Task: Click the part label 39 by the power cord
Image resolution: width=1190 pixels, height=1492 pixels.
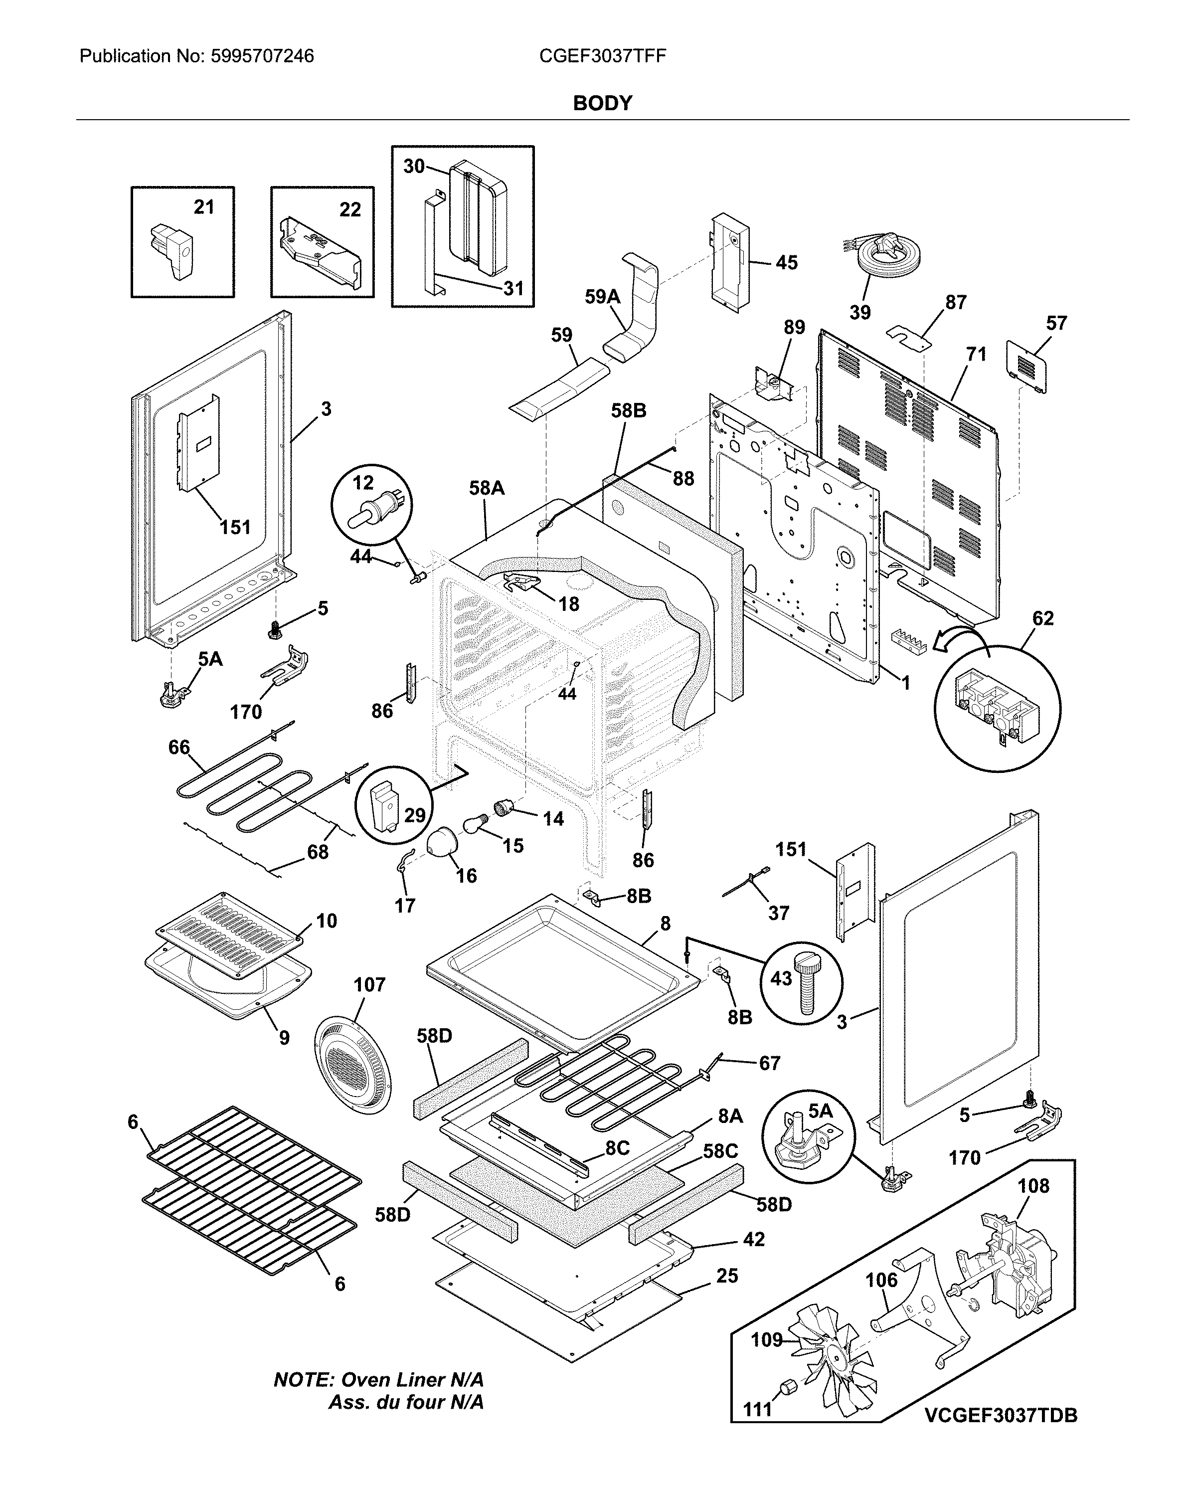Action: (x=859, y=313)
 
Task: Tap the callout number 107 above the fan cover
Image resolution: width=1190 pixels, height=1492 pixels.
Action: (x=369, y=985)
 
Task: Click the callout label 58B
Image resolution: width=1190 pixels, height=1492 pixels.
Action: (x=628, y=411)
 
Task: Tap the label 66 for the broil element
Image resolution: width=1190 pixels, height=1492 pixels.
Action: (x=178, y=747)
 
